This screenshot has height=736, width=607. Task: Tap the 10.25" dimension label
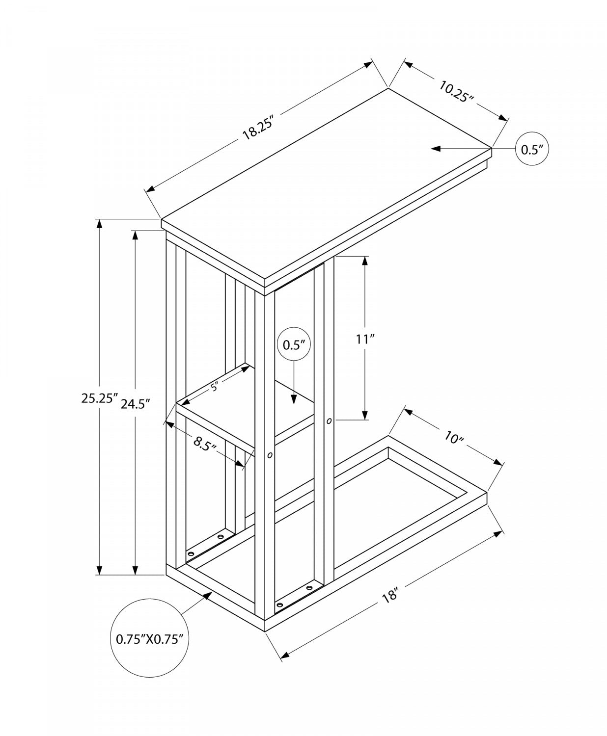coord(456,91)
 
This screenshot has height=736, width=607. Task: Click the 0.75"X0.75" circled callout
coord(150,638)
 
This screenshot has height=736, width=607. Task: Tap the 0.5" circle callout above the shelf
coord(294,344)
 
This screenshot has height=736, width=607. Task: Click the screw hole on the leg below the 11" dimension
coord(329,421)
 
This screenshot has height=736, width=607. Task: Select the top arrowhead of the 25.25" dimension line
coord(100,224)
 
